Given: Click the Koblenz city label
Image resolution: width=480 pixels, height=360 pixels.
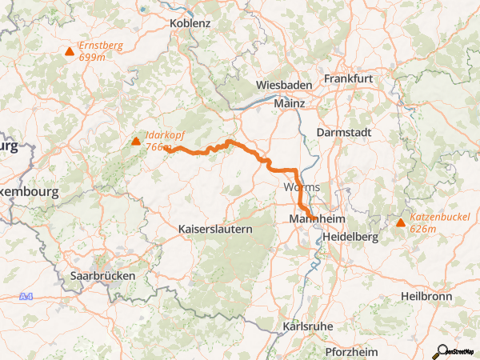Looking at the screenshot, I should click(x=190, y=23).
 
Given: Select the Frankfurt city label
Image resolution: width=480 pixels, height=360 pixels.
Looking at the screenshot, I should click(x=350, y=78).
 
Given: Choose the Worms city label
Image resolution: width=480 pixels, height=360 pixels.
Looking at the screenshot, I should click(x=302, y=187).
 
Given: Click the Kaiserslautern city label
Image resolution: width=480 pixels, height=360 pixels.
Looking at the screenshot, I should click(x=214, y=229).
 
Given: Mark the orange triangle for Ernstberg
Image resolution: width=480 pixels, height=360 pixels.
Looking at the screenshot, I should click(x=70, y=52).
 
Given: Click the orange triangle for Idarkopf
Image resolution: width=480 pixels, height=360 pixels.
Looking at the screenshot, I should click(x=136, y=142).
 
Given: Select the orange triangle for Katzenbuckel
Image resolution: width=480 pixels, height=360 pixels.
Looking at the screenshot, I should click(x=401, y=222).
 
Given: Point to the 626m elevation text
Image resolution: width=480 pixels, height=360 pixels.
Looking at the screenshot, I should click(x=422, y=229).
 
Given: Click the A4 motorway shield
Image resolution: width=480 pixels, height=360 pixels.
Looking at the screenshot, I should click(x=28, y=297).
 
